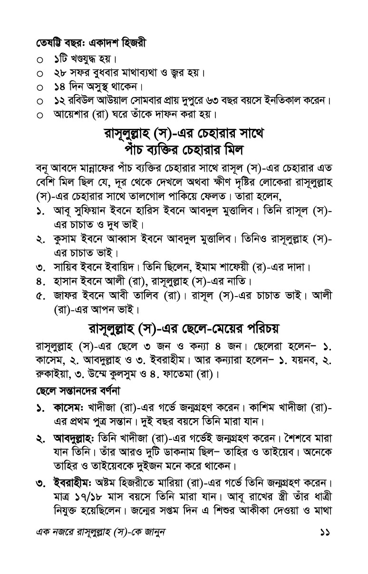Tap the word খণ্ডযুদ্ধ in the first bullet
point(86,61)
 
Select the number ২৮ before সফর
point(60,74)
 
